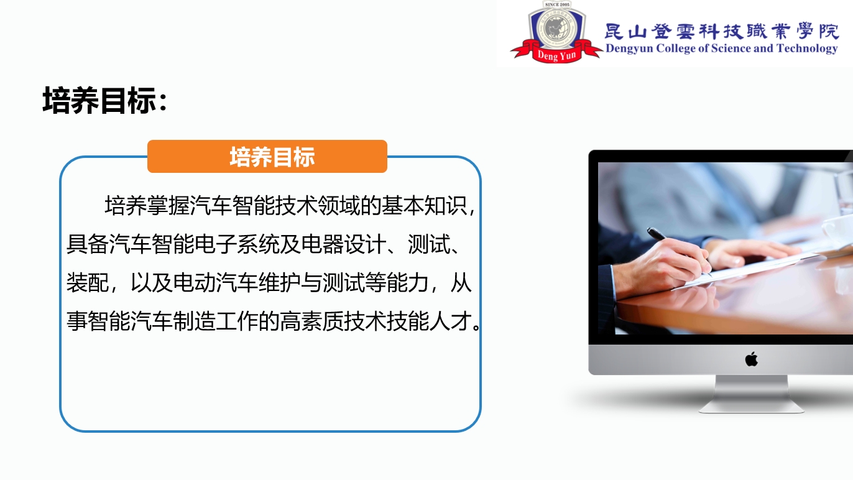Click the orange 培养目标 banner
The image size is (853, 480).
point(267,156)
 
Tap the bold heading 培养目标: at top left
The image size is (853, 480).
point(105,100)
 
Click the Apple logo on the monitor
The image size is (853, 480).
point(751,359)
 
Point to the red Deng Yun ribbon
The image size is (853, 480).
point(556,53)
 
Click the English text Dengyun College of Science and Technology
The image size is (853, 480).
point(722,48)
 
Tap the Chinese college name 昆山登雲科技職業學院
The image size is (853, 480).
point(722,31)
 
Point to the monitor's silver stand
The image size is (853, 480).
point(751,394)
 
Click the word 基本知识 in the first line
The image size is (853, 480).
point(424,206)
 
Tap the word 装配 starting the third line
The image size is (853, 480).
point(88,283)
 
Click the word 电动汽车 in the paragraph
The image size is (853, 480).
point(215,283)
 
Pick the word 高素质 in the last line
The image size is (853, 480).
point(311,321)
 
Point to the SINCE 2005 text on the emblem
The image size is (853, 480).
point(557,4)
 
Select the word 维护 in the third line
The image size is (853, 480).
point(279,283)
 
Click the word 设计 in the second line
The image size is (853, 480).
point(365,244)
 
